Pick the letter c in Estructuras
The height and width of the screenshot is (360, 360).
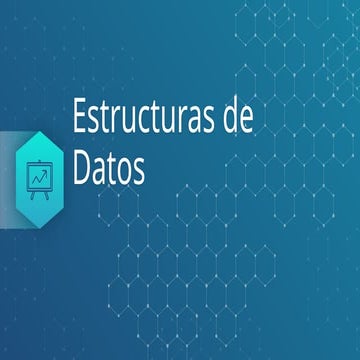click(157, 122)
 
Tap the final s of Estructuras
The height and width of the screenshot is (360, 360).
click(214, 122)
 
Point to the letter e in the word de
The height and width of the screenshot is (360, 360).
click(246, 122)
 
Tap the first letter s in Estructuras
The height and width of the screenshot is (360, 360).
click(95, 122)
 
